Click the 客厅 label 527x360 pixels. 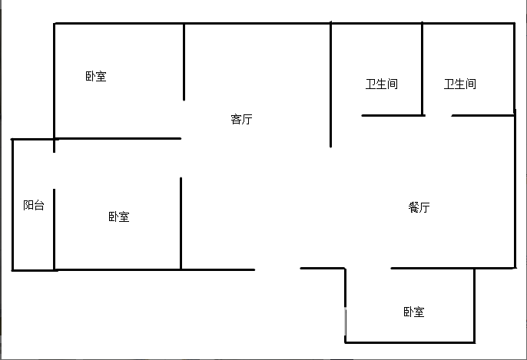[x=241, y=119]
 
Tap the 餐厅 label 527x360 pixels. [x=419, y=207]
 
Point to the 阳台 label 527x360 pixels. [x=34, y=205]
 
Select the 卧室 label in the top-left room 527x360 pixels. [x=96, y=76]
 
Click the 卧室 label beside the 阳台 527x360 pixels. [x=118, y=216]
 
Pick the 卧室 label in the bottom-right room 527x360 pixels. [x=414, y=312]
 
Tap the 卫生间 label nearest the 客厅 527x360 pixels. [x=382, y=84]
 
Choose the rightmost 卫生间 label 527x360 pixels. [x=459, y=84]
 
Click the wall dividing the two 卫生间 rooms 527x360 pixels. [x=423, y=69]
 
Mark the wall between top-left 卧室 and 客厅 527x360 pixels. [x=184, y=61]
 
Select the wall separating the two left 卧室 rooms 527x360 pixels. [x=118, y=138]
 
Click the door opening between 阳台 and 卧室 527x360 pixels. [x=54, y=170]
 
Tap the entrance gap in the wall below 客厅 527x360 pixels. [x=277, y=269]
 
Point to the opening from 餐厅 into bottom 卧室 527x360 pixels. [x=368, y=269]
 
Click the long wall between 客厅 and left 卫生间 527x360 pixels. [x=330, y=84]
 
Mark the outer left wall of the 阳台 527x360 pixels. [x=12, y=204]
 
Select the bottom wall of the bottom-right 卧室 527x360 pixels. [x=410, y=342]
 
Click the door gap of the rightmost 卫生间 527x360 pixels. [x=438, y=115]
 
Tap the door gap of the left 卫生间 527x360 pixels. [x=346, y=115]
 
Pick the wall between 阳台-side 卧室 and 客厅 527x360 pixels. [x=181, y=223]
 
